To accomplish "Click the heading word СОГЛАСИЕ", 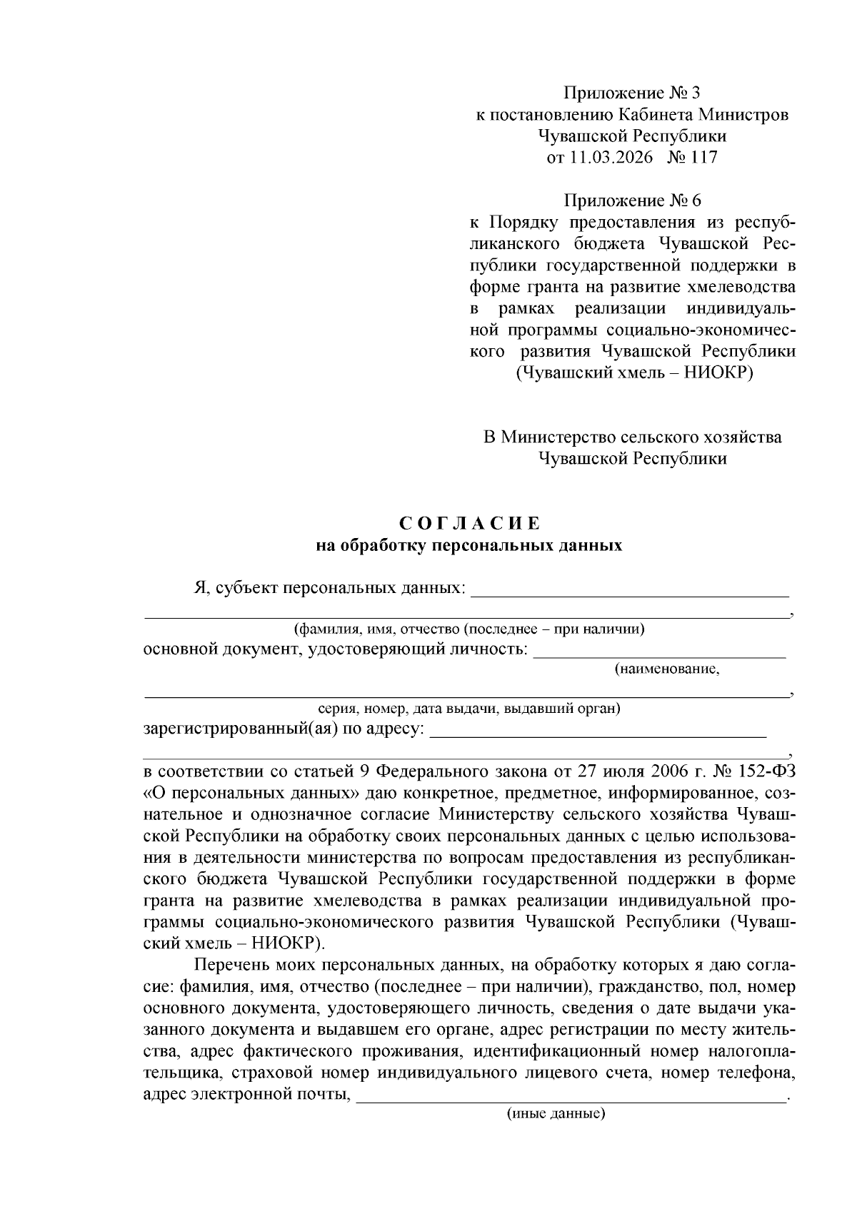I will point(469,524).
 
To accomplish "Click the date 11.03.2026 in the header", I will point(611,158).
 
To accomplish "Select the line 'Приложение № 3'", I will point(632,93).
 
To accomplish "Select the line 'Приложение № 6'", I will point(632,201).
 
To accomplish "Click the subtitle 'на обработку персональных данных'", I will point(469,546).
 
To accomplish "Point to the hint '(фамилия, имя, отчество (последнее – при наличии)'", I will point(469,629).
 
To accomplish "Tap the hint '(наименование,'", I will point(666,669).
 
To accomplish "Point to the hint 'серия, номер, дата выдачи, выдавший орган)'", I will point(469,709).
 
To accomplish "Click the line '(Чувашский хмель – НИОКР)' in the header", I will point(632,373).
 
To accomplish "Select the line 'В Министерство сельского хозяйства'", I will point(632,437).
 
